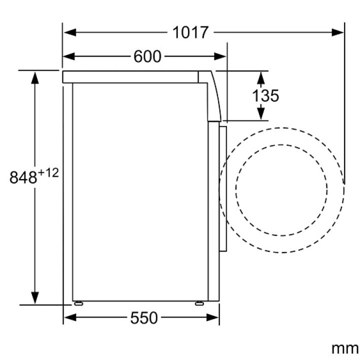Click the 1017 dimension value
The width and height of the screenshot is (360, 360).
[190, 32]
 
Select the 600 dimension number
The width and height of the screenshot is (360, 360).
[147, 56]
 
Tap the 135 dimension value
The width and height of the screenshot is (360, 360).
[265, 95]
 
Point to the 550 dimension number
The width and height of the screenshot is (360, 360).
[144, 318]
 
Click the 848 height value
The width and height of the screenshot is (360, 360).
[23, 177]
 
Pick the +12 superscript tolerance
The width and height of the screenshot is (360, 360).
[48, 173]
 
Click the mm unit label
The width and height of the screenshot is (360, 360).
[344, 349]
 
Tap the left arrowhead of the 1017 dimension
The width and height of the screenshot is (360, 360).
[70, 32]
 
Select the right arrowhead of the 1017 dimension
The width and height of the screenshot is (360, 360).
[337, 32]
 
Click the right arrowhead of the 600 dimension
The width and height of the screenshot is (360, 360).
[220, 56]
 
